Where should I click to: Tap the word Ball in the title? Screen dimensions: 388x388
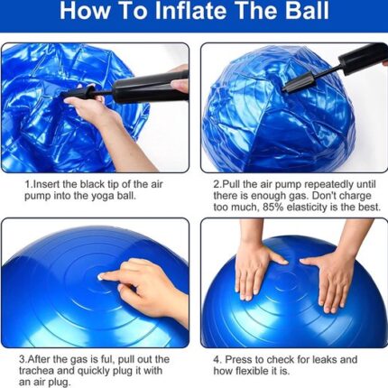click(x=307, y=11)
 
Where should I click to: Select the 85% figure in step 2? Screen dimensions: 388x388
click(x=273, y=208)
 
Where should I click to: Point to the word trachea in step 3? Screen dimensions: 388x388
click(x=36, y=371)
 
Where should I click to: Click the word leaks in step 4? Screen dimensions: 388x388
click(x=325, y=359)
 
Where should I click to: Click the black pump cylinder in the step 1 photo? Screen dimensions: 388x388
click(x=151, y=88)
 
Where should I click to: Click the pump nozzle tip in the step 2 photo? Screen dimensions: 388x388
click(x=284, y=89)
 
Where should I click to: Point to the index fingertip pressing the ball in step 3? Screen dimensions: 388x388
click(x=101, y=276)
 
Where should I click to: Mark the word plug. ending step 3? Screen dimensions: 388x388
click(x=60, y=383)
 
